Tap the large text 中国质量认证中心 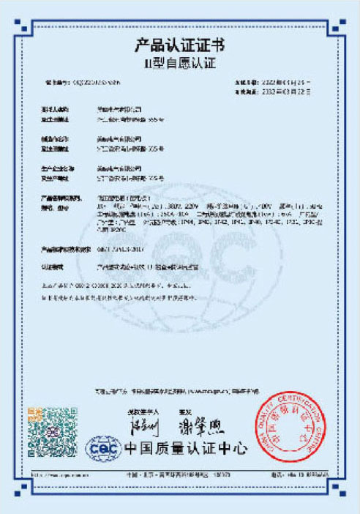click(185, 447)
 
